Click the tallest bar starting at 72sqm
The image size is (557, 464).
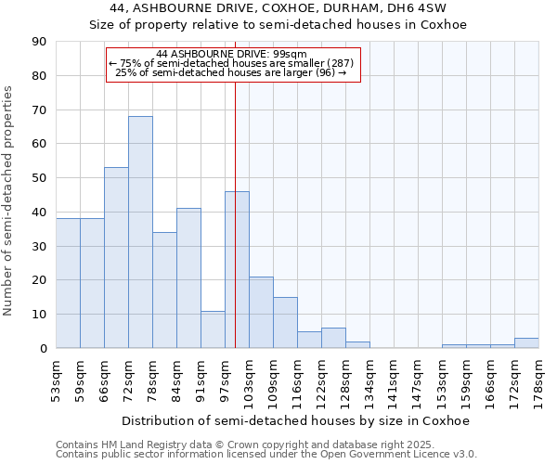pos(140,232)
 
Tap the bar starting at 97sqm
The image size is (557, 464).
pos(237,269)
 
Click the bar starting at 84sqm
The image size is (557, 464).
pos(188,278)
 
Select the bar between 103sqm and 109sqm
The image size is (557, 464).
pos(261,313)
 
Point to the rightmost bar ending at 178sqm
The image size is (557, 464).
pos(526,343)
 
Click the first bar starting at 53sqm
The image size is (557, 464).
pos(68,283)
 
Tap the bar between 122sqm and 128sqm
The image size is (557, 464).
pos(333,339)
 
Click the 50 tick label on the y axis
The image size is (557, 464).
pos(39,178)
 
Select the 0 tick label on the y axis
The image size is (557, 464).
pos(43,349)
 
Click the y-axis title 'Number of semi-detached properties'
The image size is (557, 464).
pos(9,200)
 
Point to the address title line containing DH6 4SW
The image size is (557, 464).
pos(278,8)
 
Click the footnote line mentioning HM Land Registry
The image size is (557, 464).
pos(232,445)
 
